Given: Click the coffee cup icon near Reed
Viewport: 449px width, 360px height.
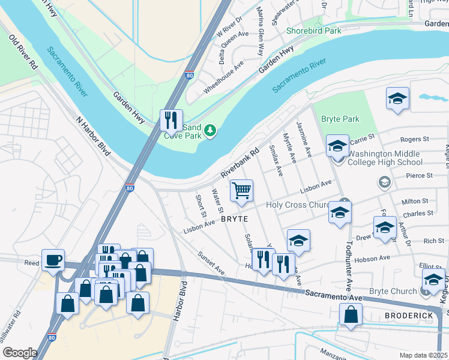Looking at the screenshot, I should pyautogui.click(x=53, y=260).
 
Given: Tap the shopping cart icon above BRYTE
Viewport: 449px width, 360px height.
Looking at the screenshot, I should pyautogui.click(x=241, y=191).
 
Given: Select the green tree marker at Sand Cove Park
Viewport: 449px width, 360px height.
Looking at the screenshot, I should pyautogui.click(x=209, y=130).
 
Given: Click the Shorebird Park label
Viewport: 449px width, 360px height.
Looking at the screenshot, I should pyautogui.click(x=314, y=30).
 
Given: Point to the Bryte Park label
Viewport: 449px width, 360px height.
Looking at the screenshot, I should pyautogui.click(x=340, y=119).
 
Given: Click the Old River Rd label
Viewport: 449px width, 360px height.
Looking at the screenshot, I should pyautogui.click(x=23, y=52).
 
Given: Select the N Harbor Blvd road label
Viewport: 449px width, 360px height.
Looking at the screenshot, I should pyautogui.click(x=94, y=136).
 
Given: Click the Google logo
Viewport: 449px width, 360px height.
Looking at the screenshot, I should pyautogui.click(x=20, y=353).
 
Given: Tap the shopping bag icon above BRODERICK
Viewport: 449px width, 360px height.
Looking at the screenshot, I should pyautogui.click(x=351, y=314).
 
